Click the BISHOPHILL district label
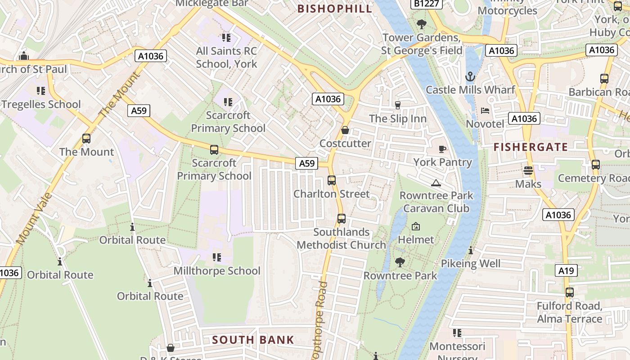335,9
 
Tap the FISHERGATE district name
531,147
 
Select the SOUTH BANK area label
253,340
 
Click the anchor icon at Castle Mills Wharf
470,76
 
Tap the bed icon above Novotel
485,110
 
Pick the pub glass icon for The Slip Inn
397,105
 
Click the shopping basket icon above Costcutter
345,130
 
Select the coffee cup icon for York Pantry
442,149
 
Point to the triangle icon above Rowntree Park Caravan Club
436,183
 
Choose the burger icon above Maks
528,171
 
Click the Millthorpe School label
217,271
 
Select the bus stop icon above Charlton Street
332,180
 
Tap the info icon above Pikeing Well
471,251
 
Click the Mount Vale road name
35,219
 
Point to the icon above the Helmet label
416,226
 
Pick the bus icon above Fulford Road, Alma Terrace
570,292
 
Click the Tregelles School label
41,104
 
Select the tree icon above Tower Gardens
422,24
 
